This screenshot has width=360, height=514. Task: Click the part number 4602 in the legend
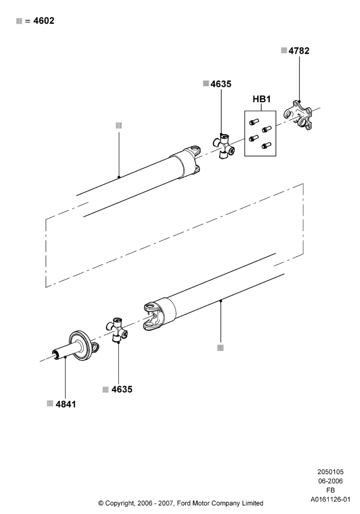(44, 21)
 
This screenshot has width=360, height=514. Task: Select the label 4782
(299, 51)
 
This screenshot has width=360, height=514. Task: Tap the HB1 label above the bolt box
(262, 99)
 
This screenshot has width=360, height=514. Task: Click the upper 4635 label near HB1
(221, 84)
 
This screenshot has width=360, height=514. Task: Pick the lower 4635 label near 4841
(122, 390)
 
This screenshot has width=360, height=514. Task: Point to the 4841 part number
(66, 404)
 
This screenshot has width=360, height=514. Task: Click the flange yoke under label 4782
(298, 115)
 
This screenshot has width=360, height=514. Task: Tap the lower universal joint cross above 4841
(117, 330)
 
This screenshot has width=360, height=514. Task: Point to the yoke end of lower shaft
(153, 316)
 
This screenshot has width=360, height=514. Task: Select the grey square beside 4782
(284, 50)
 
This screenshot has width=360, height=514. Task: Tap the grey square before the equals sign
(19, 21)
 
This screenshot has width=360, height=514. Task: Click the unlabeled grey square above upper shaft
(119, 125)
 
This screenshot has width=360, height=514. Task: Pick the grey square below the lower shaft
(221, 348)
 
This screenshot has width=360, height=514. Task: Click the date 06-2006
(331, 481)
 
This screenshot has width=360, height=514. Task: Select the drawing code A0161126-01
(331, 500)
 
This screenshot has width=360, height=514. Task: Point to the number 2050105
(331, 472)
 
